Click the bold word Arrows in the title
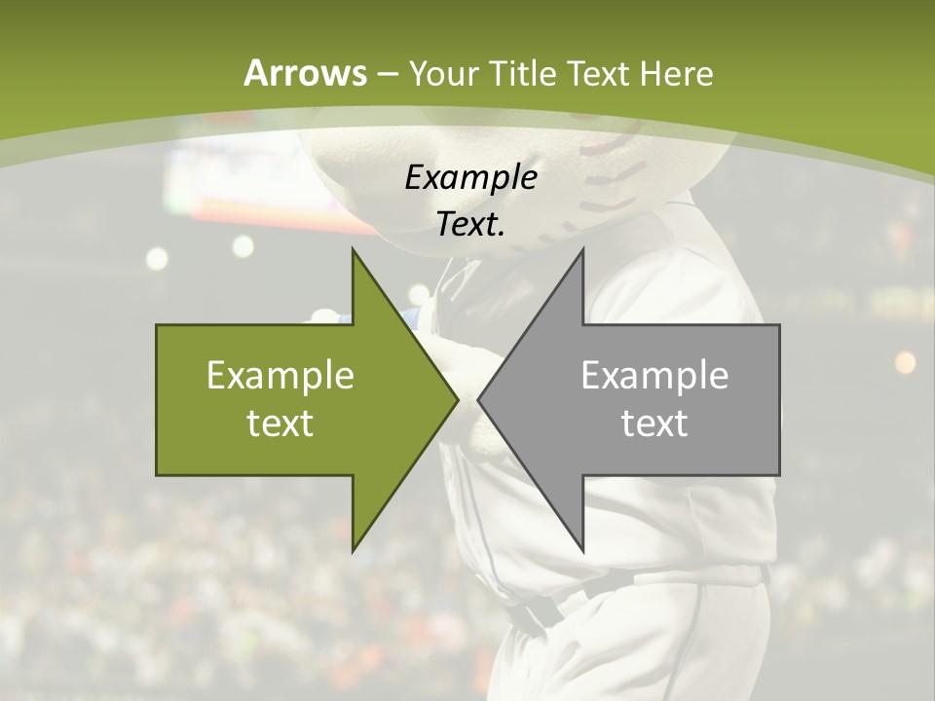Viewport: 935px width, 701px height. pyautogui.click(x=305, y=73)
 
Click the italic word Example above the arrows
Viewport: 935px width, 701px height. pyautogui.click(x=470, y=177)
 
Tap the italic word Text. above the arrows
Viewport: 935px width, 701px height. pyautogui.click(x=470, y=225)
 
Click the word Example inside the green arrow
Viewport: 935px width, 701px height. pyautogui.click(x=280, y=375)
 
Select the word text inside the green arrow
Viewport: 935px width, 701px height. pyautogui.click(x=280, y=423)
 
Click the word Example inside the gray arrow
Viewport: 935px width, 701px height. pyautogui.click(x=654, y=375)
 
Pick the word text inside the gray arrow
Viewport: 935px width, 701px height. pyautogui.click(x=654, y=423)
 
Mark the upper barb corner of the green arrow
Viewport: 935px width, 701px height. pyautogui.click(x=353, y=250)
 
